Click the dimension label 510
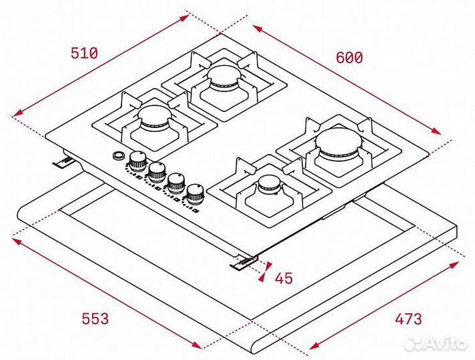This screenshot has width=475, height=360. coord(84,53)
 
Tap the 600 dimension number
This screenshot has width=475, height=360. coord(349,58)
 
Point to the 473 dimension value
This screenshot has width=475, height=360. coord(407,319)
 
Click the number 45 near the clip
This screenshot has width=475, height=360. coord(284,278)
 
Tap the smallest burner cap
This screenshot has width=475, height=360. coord(270,183)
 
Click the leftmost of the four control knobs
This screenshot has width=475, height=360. coord(138,159)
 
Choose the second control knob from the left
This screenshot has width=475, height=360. coord(157,171)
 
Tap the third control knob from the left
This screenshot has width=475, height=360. coord(176,181)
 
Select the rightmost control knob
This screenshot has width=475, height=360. coord(195,193)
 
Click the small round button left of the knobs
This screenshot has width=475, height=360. coord(118,156)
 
